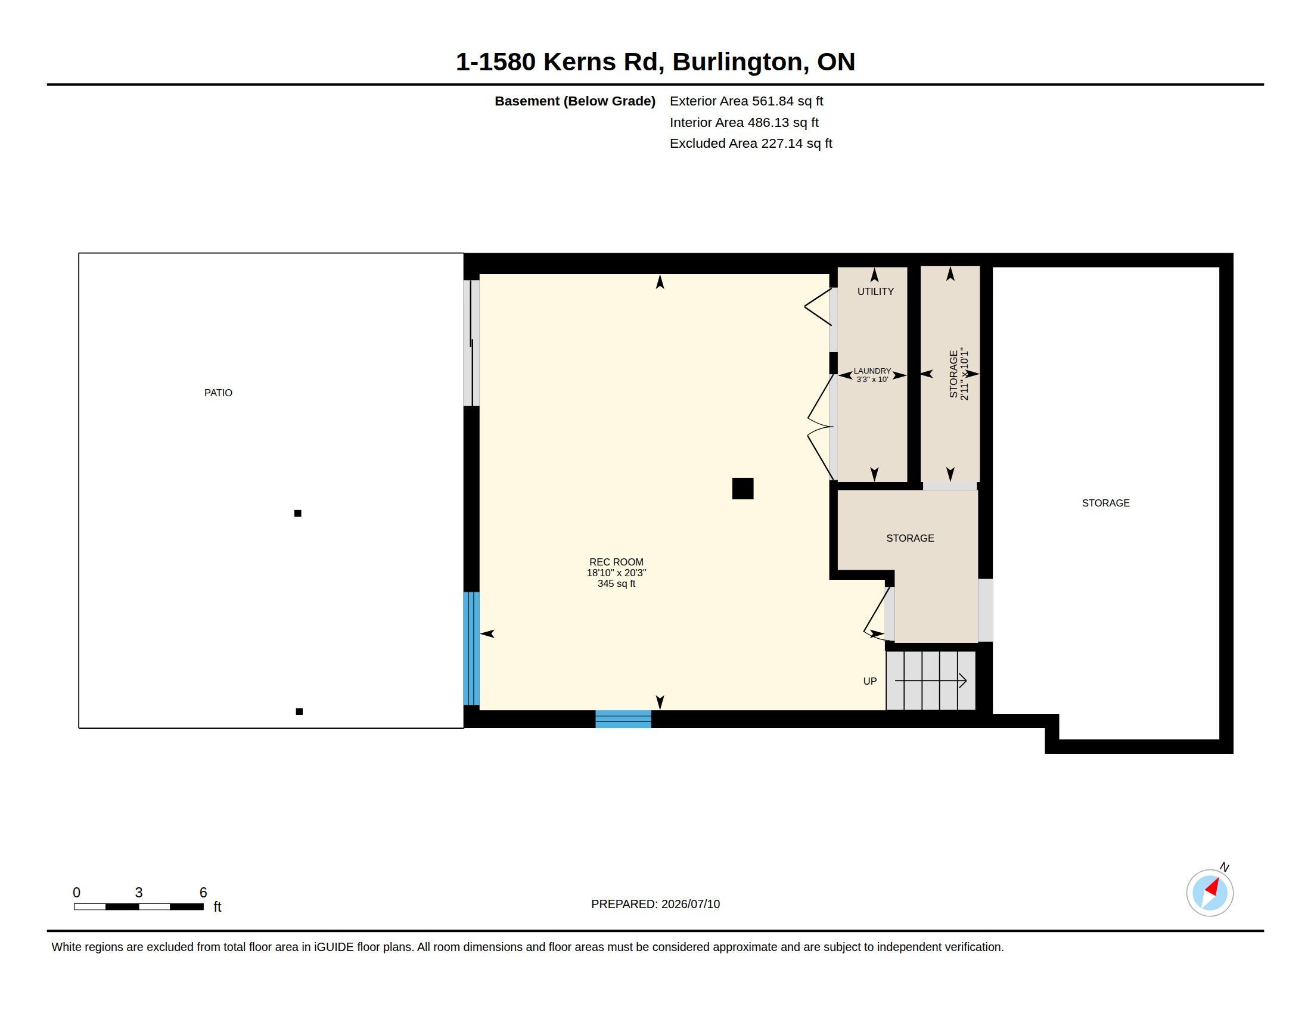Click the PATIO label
click(218, 393)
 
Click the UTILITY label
click(875, 291)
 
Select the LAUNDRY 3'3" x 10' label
click(872, 375)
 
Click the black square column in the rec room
click(743, 489)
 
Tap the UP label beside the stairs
click(870, 681)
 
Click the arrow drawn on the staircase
click(930, 680)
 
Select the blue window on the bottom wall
click(623, 719)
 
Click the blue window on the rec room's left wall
click(471, 648)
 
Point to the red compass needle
click(1213, 887)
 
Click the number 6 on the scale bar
click(203, 893)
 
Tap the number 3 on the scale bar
click(139, 893)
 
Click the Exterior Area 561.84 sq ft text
click(746, 101)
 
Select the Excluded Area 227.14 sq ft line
click(751, 144)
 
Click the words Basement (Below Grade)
click(574, 101)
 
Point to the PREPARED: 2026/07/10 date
click(655, 904)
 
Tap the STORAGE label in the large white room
click(1105, 503)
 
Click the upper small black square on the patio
click(298, 513)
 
